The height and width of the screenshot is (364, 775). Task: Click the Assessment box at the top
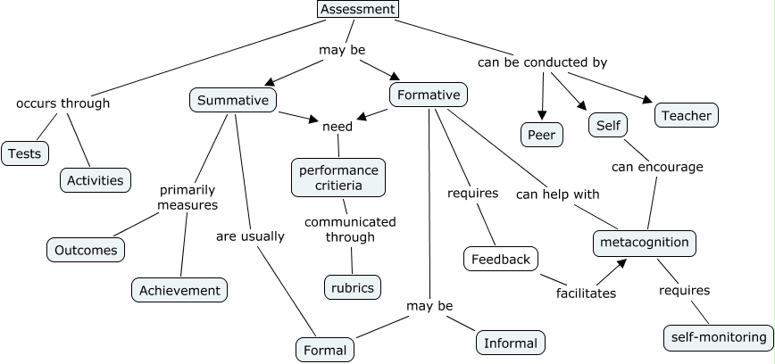click(x=357, y=9)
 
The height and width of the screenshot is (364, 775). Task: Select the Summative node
click(x=233, y=100)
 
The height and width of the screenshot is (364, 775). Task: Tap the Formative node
click(x=429, y=95)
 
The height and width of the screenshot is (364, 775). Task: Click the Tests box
click(x=24, y=153)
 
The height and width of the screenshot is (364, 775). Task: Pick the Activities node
click(x=96, y=179)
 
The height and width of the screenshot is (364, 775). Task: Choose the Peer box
click(x=541, y=135)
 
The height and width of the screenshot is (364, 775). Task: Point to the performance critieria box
click(x=338, y=178)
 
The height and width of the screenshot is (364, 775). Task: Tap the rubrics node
click(x=351, y=286)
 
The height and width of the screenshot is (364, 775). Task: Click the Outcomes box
click(x=86, y=250)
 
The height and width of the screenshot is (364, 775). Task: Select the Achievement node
click(x=179, y=290)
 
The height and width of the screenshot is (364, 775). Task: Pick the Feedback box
click(x=501, y=259)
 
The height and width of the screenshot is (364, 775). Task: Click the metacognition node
click(x=644, y=243)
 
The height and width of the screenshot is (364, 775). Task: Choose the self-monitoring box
click(x=719, y=337)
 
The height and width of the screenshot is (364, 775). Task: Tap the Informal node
click(x=511, y=343)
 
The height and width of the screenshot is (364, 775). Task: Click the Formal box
click(x=325, y=350)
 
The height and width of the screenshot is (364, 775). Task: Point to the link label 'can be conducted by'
click(x=542, y=62)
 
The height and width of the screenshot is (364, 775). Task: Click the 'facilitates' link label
click(x=586, y=293)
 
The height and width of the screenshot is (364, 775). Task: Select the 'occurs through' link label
click(x=63, y=103)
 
